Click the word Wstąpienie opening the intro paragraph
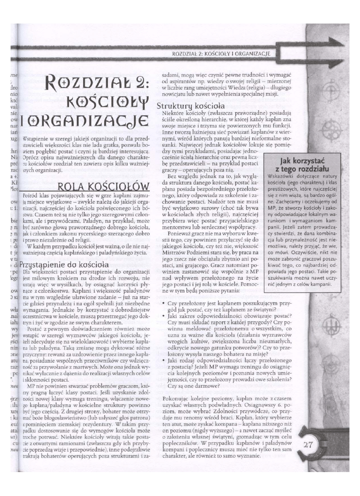[x=36, y=151]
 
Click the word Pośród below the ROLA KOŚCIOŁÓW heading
[x=31, y=195]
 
